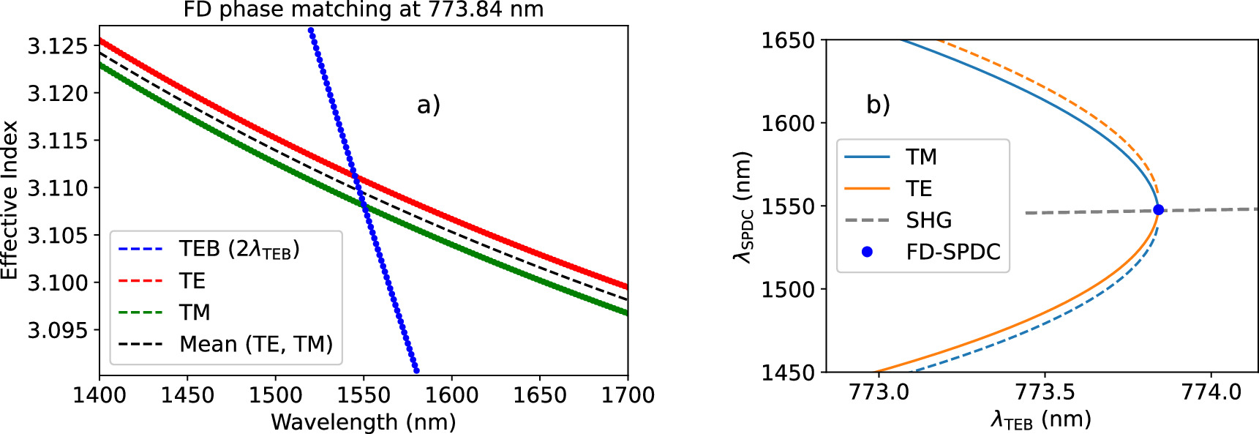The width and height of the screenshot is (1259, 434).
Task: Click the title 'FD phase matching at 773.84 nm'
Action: (x=364, y=10)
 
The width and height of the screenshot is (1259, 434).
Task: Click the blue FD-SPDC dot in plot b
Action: (x=1158, y=210)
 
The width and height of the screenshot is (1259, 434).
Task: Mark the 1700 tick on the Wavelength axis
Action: (x=628, y=395)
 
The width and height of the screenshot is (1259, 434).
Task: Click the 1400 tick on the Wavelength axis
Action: (x=99, y=395)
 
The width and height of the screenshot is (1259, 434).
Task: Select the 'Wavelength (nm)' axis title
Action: (x=364, y=422)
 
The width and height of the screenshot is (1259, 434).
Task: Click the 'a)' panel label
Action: (x=429, y=105)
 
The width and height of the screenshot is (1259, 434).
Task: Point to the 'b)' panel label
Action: (x=878, y=105)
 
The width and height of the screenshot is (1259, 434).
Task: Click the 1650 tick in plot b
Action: (x=788, y=40)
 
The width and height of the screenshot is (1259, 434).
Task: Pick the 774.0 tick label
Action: (x=1211, y=392)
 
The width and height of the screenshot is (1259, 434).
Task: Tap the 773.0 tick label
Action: (x=879, y=392)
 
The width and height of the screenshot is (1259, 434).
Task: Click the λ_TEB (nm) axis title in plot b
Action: (x=1041, y=420)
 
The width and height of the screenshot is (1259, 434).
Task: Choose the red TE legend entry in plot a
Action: (x=192, y=281)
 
